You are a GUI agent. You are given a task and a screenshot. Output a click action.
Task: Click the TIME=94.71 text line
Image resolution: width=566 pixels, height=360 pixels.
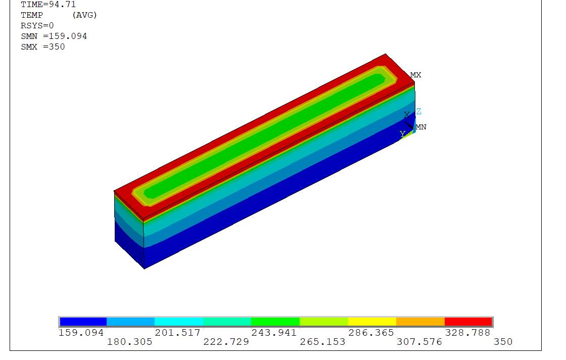pyautogui.click(x=49, y=5)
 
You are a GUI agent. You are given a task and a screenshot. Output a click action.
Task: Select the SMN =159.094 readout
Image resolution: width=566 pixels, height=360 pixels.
pyautogui.click(x=54, y=36)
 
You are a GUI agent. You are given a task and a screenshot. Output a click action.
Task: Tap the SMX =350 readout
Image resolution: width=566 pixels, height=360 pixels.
pyautogui.click(x=43, y=47)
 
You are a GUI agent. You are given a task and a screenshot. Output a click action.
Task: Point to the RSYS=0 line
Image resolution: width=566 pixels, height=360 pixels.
pyautogui.click(x=37, y=26)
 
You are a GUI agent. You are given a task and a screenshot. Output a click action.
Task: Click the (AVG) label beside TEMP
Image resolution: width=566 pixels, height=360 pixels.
pyautogui.click(x=84, y=15)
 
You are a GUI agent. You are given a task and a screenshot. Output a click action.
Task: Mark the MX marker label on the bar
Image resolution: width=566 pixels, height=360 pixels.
pyautogui.click(x=415, y=75)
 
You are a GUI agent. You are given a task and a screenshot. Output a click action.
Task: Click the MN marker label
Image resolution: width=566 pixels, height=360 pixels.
pyautogui.click(x=421, y=127)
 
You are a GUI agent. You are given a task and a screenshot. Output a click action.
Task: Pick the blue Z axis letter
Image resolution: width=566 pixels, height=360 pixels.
pyautogui.click(x=419, y=111)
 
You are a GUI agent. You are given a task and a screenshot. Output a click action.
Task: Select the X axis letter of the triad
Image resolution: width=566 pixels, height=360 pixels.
pyautogui.click(x=407, y=114)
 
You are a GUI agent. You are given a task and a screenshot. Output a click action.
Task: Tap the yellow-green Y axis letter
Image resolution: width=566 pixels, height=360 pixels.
pyautogui.click(x=402, y=134)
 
